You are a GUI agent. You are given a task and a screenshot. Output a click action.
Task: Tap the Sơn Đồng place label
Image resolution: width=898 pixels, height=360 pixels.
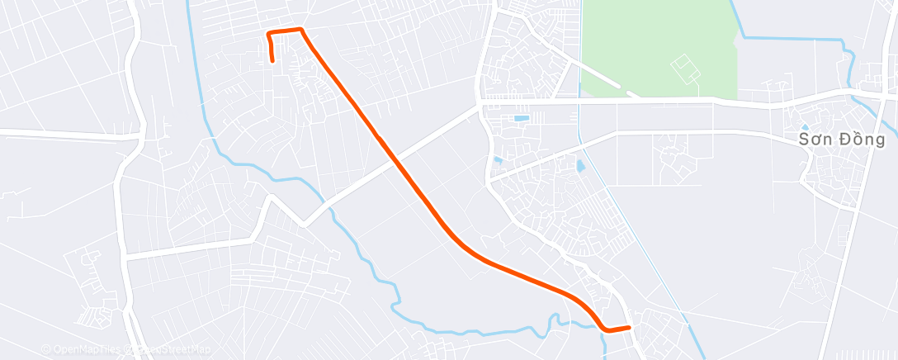coord(842,140)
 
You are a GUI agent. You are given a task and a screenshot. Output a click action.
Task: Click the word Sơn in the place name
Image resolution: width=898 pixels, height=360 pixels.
coord(815,140)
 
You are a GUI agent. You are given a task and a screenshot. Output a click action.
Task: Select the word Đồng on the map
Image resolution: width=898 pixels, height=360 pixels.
coord(860,140)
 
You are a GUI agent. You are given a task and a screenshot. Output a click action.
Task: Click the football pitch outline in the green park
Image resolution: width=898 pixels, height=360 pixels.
coord(684,68)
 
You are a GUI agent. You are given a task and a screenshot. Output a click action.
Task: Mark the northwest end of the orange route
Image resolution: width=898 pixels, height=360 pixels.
coord(273,60)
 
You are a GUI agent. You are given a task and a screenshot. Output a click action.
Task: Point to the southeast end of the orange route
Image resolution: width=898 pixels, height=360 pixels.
coord(629,328)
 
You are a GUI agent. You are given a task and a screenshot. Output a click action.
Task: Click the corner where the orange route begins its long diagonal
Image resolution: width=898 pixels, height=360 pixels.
coord(301,30)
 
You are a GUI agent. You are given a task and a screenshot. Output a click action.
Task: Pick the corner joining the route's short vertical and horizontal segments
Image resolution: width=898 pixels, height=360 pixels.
coord(268,33)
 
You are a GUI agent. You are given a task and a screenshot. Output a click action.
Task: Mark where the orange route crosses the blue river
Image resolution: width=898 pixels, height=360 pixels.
coord(603,327)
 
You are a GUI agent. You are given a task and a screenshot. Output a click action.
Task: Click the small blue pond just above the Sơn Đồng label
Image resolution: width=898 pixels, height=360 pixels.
coord(805,126)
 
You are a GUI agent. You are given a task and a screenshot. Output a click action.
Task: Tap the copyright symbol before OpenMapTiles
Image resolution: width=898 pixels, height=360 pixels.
coord(45,350)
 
